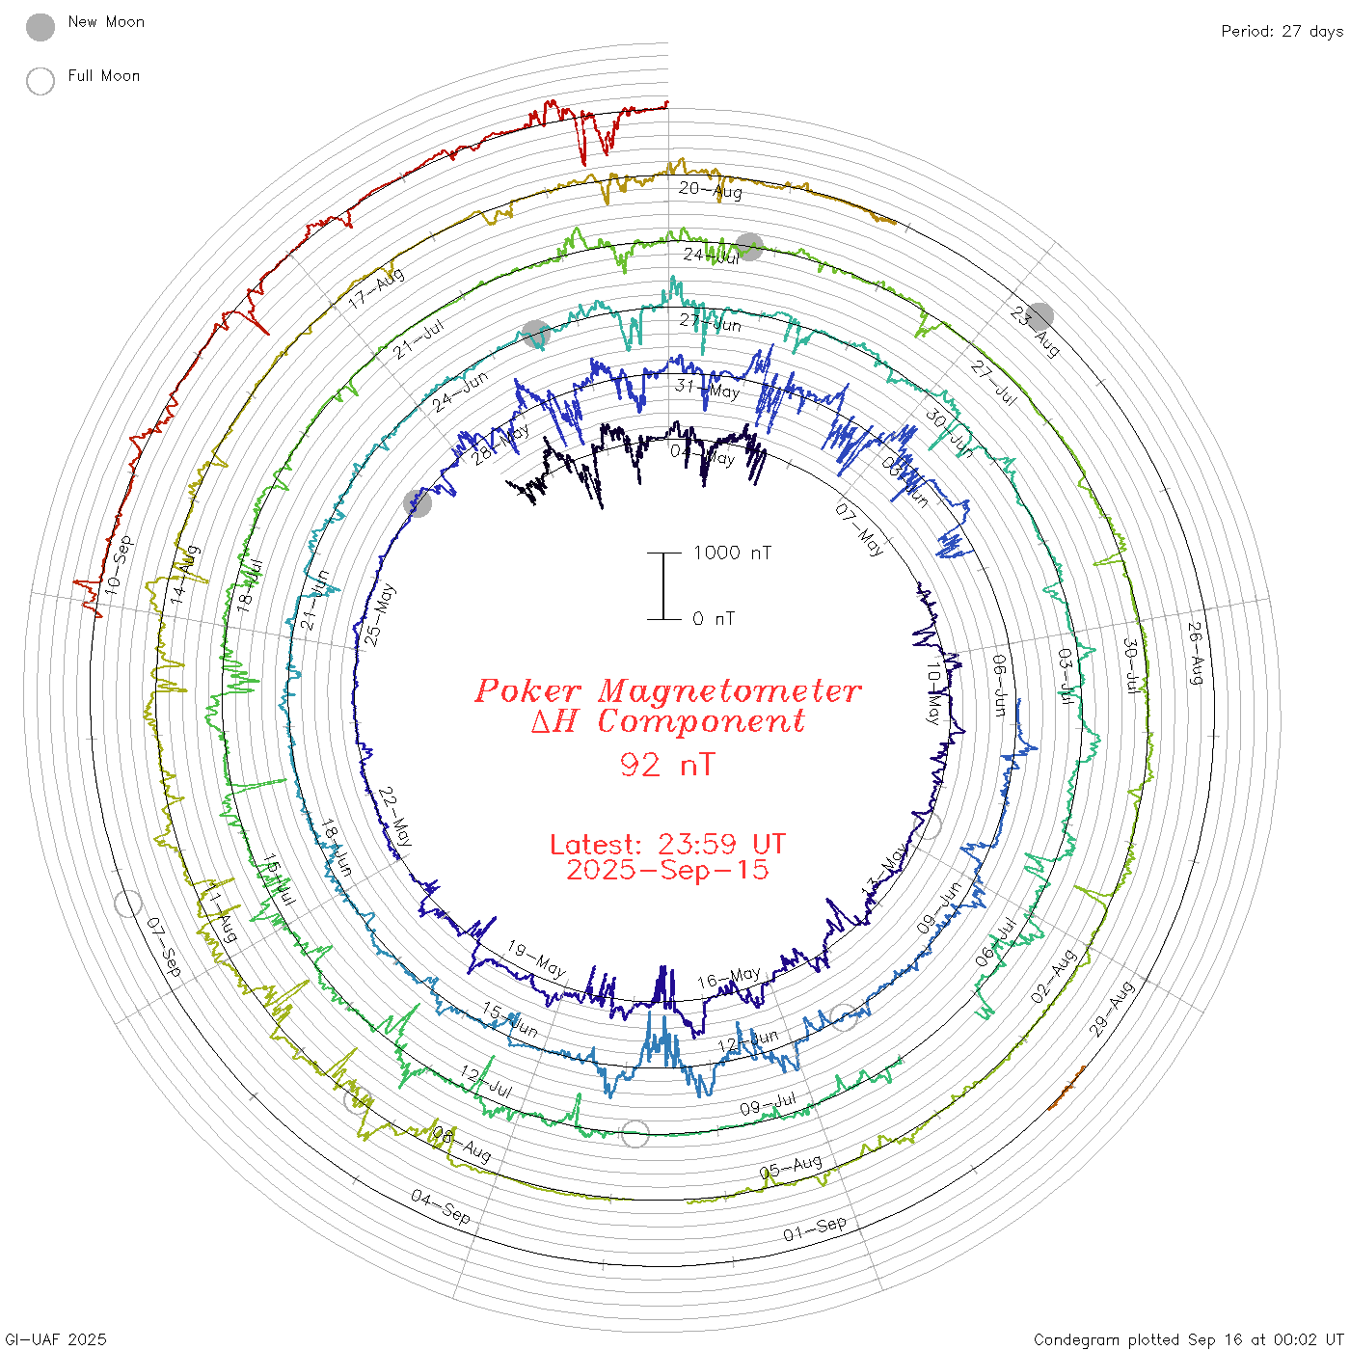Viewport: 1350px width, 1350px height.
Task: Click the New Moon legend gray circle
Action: point(40,27)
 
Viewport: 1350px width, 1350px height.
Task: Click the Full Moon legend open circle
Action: point(40,81)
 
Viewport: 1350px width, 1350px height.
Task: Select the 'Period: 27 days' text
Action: point(1282,32)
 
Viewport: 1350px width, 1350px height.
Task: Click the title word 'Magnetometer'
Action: point(729,690)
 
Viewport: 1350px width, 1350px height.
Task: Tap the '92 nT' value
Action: point(667,765)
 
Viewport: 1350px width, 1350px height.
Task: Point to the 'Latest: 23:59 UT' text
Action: point(667,845)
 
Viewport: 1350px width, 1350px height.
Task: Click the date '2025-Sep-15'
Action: point(667,870)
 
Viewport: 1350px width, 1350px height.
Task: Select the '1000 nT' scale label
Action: point(732,553)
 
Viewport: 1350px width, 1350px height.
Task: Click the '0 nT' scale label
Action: point(714,619)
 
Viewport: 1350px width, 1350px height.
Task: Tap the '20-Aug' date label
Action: point(711,190)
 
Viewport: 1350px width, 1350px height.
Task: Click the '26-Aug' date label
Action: point(1196,653)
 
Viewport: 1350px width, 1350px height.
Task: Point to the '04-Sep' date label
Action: point(441,1206)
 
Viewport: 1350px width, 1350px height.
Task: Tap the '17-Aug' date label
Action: point(376,287)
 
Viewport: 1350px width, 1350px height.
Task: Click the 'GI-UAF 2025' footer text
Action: point(55,1339)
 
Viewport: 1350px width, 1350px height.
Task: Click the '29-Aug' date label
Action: point(1112,1009)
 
